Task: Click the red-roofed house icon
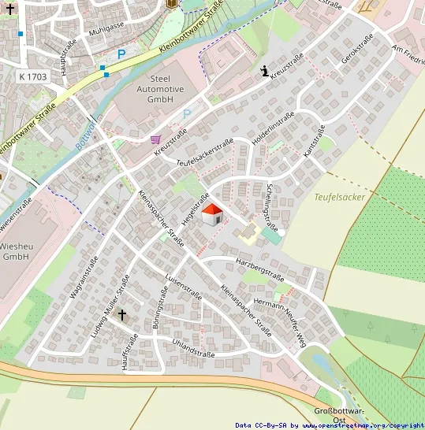(211, 214)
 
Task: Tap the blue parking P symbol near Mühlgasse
(121, 54)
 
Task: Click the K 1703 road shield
(31, 76)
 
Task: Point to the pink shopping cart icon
(155, 139)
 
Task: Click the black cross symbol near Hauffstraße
(122, 315)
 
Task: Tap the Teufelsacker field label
(339, 197)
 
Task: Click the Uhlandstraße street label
(193, 348)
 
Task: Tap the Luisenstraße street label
(184, 289)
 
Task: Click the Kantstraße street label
(315, 140)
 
